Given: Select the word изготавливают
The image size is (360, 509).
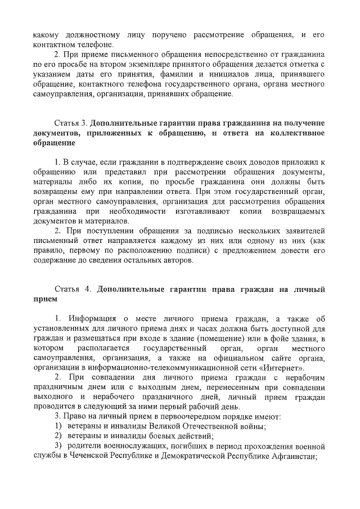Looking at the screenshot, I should [x=193, y=210].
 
